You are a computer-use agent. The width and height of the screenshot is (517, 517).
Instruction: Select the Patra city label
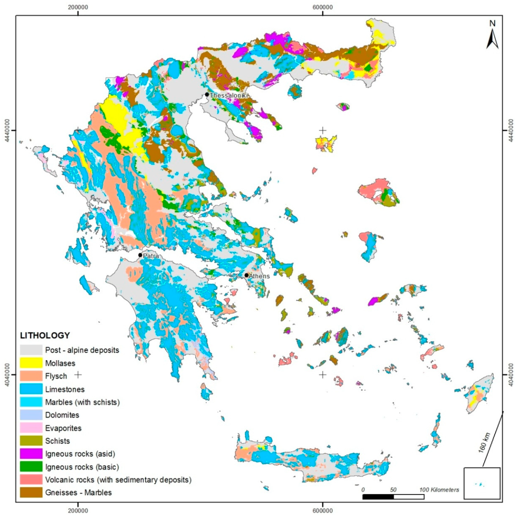click(151, 256)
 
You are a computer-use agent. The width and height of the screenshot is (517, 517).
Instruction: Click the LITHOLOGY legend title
click(45, 335)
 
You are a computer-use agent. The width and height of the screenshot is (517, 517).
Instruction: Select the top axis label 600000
click(323, 7)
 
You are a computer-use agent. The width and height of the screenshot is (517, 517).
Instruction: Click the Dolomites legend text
click(62, 415)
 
